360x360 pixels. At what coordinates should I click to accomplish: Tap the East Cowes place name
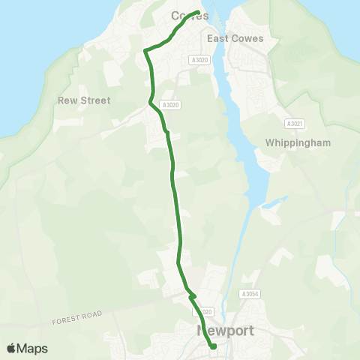[236, 39]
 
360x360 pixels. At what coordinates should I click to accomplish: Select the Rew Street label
[83, 100]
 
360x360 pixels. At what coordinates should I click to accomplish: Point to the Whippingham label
[298, 142]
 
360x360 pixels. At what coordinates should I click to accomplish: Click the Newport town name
[226, 331]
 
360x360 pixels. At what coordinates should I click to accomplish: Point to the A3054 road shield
[250, 295]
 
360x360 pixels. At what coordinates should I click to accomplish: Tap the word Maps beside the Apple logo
[33, 349]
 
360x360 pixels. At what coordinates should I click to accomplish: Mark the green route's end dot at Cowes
[197, 13]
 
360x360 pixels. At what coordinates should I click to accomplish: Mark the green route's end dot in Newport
[213, 346]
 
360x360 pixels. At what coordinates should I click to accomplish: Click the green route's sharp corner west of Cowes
[144, 51]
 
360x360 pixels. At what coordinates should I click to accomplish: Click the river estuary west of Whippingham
[238, 150]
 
